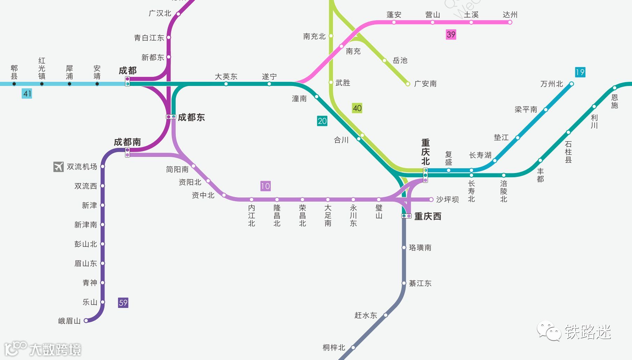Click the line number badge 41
27,94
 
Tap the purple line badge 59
123,303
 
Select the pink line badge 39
451,35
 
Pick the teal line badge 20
322,121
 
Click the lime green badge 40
357,108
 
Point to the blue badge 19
580,72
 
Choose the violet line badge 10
265,186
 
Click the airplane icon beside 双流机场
58,167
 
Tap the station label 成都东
191,117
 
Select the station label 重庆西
428,216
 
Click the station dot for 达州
510,22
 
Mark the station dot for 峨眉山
86,321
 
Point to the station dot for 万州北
572,84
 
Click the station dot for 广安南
407,84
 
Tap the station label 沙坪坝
447,200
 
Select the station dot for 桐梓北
353,347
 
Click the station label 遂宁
269,77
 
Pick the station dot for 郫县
14,84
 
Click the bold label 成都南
127,142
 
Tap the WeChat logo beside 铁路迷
549,331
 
